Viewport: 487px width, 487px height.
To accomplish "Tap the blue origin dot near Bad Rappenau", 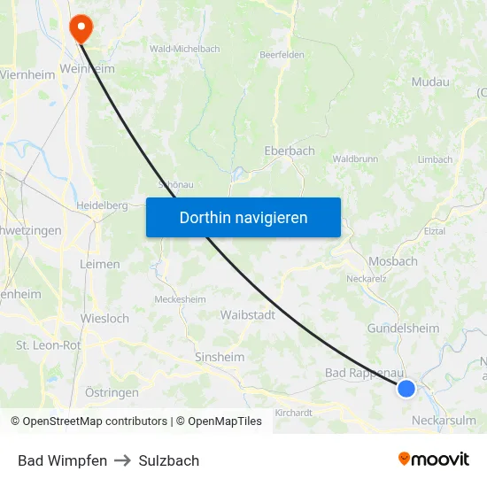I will point(406,388).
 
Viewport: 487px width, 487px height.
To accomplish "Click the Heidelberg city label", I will point(103,205).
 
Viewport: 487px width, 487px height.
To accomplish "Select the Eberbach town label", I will point(290,151).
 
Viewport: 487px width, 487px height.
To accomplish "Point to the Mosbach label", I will point(392,261).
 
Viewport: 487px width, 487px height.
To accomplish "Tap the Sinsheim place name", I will point(219,357).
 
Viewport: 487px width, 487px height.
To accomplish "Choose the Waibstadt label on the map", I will point(247,314).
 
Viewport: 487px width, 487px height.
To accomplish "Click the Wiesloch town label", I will point(104,318).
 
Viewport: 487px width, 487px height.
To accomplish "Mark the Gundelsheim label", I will point(403,329).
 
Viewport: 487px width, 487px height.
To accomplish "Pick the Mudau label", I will point(430,82).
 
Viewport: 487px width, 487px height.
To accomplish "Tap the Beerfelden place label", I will point(282,55).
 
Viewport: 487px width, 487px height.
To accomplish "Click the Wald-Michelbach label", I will point(185,48).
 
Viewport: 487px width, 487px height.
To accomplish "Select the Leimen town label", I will point(99,265).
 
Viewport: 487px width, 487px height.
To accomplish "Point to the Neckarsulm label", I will point(444,421).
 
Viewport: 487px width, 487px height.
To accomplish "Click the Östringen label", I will point(112,392).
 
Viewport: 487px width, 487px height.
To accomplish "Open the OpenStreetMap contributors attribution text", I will point(95,421).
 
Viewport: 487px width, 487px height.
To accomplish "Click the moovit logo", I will point(434,459).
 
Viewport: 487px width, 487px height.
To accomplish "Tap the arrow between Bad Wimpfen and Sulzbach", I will point(123,460).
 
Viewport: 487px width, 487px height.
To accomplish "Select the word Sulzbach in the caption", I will point(169,460).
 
